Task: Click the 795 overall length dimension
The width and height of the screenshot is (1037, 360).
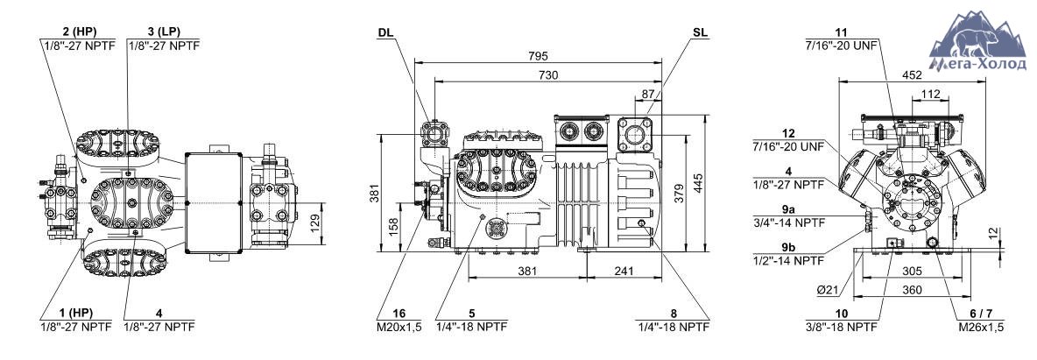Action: click(539, 56)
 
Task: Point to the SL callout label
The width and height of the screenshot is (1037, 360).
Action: click(700, 32)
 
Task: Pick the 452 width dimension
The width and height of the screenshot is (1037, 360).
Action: click(912, 75)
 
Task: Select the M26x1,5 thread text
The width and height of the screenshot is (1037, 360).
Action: click(982, 327)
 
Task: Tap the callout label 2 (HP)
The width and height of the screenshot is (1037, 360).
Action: click(80, 32)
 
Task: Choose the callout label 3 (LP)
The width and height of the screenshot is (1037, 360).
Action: click(164, 32)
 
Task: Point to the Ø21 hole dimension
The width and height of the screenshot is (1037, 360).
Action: click(828, 289)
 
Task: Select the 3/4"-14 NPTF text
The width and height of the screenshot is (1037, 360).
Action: click(788, 222)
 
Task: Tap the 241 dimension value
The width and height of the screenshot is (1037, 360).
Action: click(624, 271)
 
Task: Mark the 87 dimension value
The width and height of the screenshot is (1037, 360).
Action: click(647, 94)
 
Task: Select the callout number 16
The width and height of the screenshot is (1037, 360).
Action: click(399, 313)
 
